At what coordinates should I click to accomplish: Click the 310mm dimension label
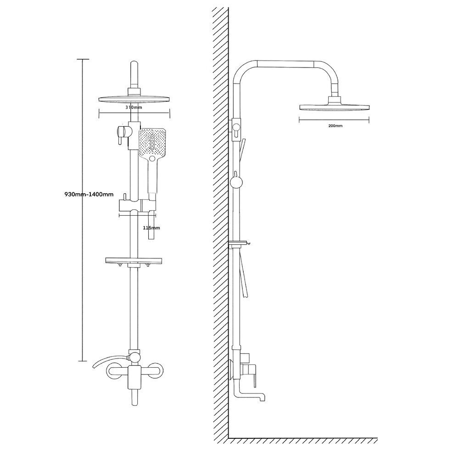[134, 107]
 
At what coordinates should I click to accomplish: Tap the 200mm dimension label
[335, 126]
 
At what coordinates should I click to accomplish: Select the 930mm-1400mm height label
[89, 194]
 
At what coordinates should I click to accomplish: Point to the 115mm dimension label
[151, 228]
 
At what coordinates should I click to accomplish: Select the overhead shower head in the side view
[334, 106]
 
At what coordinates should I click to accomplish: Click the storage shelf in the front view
[134, 260]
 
